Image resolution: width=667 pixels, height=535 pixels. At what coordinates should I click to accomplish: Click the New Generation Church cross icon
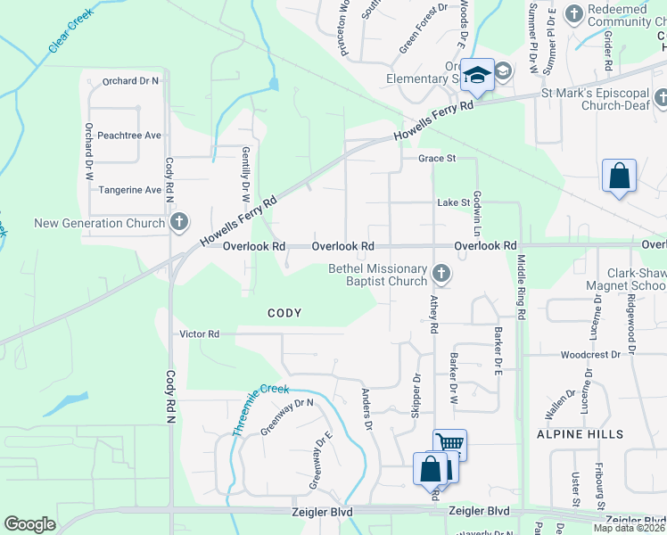coord(178,222)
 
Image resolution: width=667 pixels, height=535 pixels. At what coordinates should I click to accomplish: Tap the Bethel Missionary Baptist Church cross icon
coord(440,273)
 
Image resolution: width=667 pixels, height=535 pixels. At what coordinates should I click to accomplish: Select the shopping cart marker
coord(450,444)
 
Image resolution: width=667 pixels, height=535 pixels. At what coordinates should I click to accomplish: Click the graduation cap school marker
coord(477,77)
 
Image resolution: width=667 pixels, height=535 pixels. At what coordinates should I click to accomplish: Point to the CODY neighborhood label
coord(284,313)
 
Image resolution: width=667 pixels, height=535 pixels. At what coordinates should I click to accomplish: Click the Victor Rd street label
coord(200,334)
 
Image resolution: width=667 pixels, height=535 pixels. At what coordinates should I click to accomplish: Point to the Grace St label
coord(438,159)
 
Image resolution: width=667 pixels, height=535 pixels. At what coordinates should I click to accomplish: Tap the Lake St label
coord(453,202)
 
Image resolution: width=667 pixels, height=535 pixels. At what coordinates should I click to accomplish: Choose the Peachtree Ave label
coord(129,136)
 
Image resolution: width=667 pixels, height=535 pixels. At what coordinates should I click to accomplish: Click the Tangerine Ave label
coord(130,190)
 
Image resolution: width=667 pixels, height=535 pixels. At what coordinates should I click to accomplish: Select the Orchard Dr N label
coord(130,81)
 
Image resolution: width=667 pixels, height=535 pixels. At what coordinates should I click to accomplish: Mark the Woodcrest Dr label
coord(590,355)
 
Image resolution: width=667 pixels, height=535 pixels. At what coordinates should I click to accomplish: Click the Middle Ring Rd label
coord(522,288)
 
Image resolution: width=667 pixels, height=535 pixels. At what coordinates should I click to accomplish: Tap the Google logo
coord(29,524)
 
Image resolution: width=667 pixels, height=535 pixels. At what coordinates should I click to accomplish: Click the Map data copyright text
coord(630,528)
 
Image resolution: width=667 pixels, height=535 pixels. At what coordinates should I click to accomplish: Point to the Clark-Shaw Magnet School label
coord(626,280)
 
